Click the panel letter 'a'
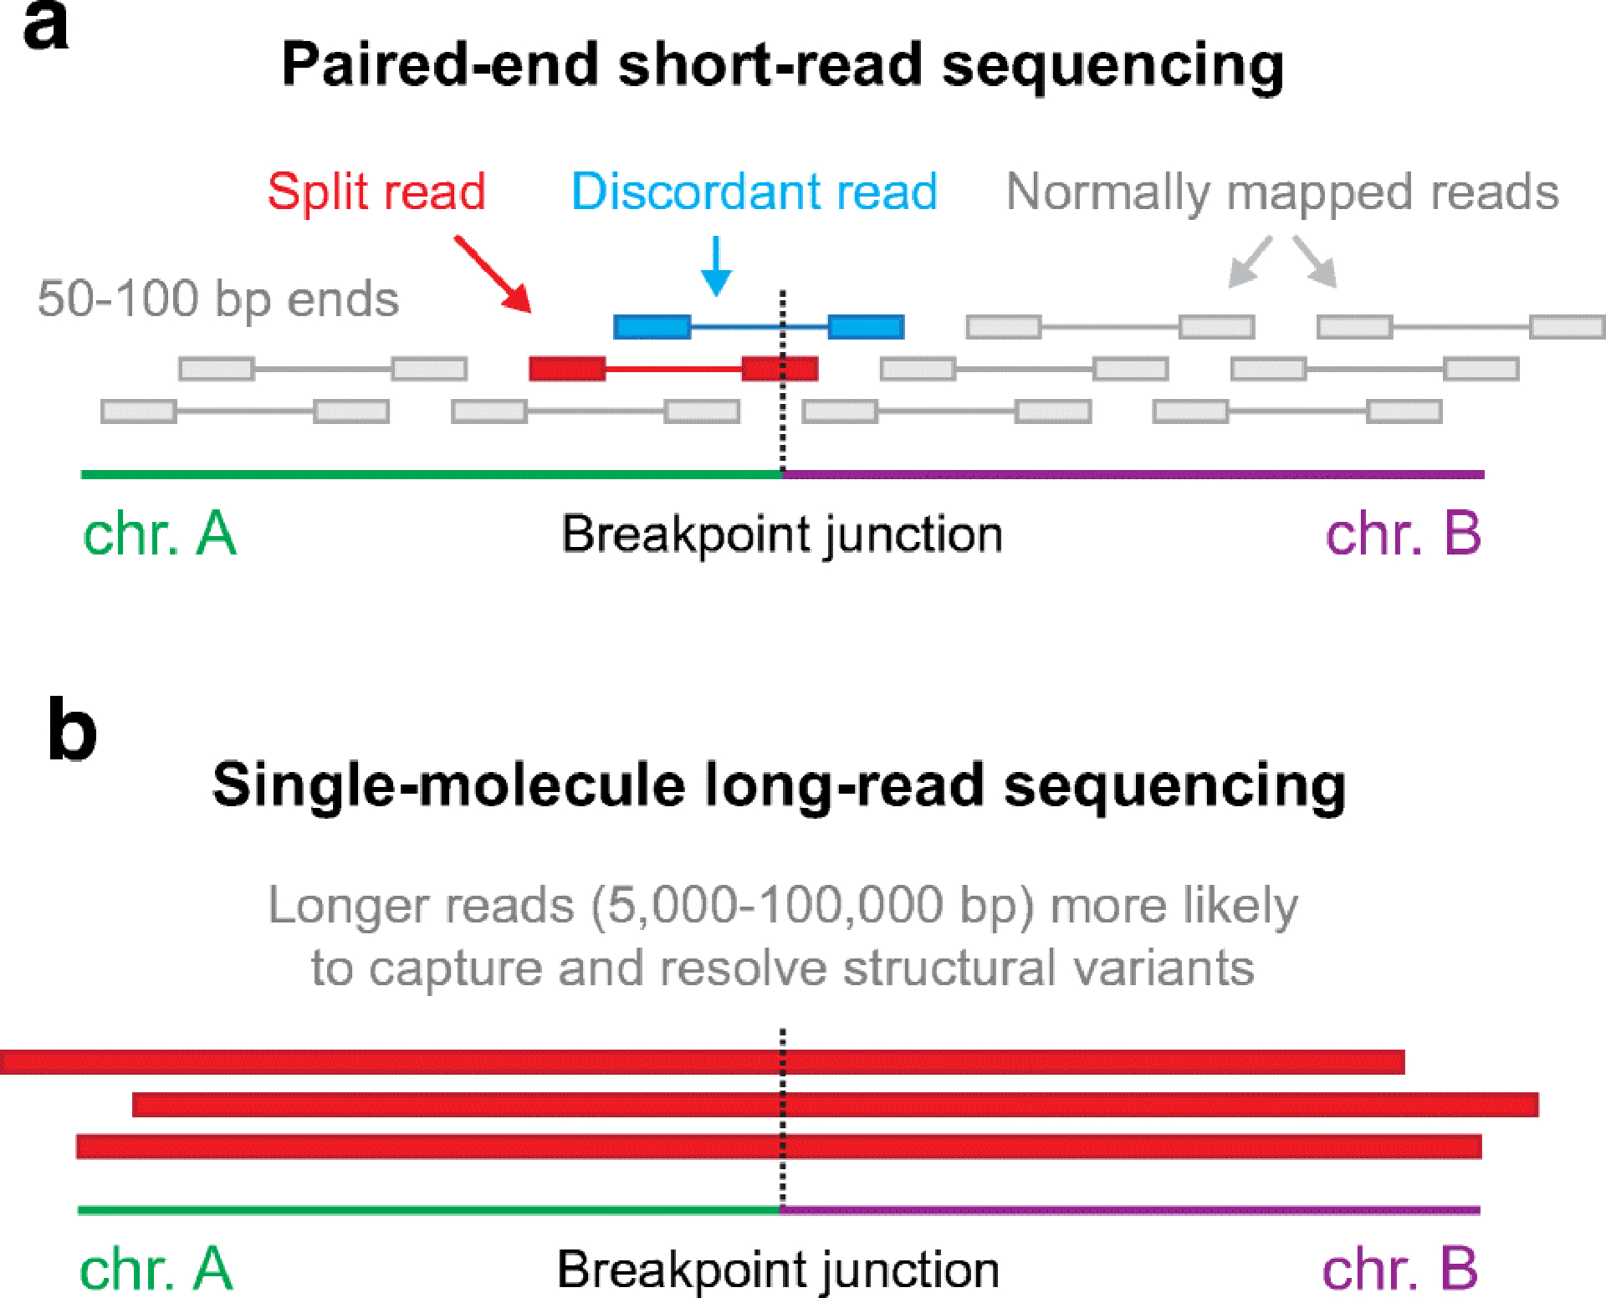45,27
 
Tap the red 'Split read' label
376,192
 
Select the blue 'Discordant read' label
754,192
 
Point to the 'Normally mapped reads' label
1282,192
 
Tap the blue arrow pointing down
716,266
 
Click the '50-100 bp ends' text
218,299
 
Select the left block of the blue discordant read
652,327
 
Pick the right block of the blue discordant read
866,327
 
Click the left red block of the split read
567,369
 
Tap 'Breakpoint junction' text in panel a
782,535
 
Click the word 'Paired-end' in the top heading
440,65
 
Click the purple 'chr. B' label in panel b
1400,1270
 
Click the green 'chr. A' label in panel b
156,1270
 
